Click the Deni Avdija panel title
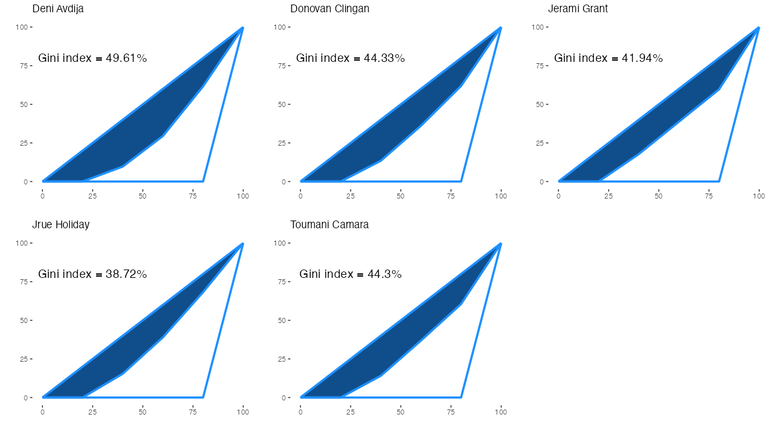[58, 9]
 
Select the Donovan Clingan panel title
[330, 9]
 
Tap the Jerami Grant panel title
[578, 9]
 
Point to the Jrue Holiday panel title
[61, 225]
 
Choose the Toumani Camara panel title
[330, 225]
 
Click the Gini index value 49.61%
[126, 58]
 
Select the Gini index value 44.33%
[384, 58]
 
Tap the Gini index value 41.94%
[642, 58]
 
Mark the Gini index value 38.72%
[126, 274]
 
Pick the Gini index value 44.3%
[381, 274]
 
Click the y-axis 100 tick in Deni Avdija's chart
[25, 27]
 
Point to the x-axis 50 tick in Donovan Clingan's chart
[401, 195]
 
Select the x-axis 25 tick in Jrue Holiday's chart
[92, 411]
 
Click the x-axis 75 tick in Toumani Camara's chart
[451, 411]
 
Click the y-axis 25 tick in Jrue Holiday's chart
[26, 359]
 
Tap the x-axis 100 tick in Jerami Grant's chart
[759, 195]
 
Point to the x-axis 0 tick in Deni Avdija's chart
[43, 195]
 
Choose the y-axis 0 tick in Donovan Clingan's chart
[286, 182]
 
